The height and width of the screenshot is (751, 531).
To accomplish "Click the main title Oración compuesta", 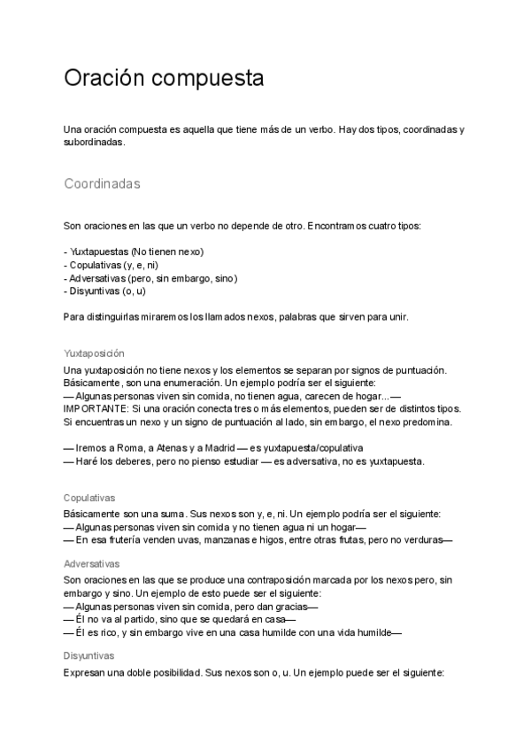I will coord(164,78).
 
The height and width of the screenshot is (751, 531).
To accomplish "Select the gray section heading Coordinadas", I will coord(102,184).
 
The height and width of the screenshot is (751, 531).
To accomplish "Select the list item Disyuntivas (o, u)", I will coord(107,290).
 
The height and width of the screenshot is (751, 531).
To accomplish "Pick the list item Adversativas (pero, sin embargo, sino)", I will coord(153,277).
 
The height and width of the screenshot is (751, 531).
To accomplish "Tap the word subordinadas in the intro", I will coord(94,142).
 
